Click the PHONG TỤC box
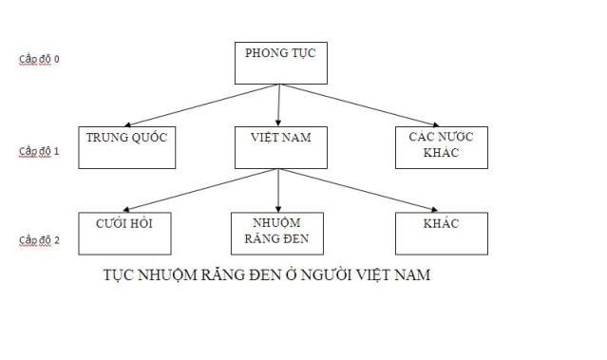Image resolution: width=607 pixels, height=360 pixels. tap(279, 63)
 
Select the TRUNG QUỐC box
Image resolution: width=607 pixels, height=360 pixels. tap(125, 147)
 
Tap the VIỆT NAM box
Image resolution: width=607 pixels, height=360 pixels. tap(278, 147)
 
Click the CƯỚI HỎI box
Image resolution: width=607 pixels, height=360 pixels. tap(124, 233)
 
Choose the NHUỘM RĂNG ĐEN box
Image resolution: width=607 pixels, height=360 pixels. tap(278, 233)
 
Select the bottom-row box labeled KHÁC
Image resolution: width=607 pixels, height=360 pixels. tap(441, 233)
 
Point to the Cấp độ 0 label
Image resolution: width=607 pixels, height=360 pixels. tap(40, 59)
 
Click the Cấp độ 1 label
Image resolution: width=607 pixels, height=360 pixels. tap(40, 151)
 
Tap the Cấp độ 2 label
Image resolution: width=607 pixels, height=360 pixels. tap(40, 240)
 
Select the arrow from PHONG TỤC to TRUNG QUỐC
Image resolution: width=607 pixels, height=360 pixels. tap(199, 105)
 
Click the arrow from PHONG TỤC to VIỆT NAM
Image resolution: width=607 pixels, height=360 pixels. tap(278, 105)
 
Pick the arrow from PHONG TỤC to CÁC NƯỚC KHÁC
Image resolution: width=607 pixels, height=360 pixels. tap(356, 104)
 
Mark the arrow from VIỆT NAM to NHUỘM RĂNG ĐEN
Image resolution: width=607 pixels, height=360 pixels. tap(278, 190)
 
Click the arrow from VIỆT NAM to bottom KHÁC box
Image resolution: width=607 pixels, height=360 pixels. tap(356, 190)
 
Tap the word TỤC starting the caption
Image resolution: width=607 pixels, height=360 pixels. tap(118, 276)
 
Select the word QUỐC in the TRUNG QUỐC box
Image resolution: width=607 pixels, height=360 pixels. tap(149, 138)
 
